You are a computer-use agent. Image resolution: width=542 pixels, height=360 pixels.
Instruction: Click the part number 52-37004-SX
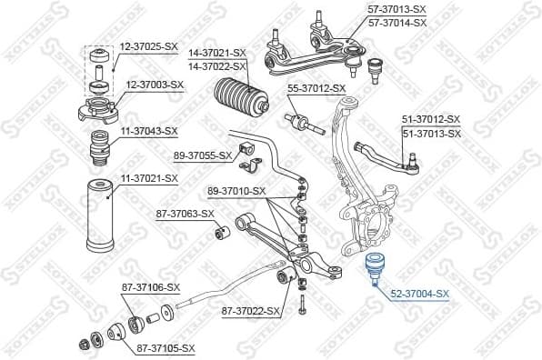(419, 294)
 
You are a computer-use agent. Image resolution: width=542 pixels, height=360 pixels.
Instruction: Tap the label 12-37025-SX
(148, 45)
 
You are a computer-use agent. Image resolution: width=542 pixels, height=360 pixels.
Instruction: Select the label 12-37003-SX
(155, 85)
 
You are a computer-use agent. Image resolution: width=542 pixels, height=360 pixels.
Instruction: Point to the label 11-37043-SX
(148, 131)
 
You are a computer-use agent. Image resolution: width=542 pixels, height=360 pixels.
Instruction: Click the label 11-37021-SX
(148, 178)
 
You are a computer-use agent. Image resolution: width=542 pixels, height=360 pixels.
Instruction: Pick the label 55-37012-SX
(316, 88)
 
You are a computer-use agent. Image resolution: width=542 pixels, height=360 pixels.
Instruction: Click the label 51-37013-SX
(432, 133)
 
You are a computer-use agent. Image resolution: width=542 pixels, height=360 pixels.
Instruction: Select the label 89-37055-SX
(203, 155)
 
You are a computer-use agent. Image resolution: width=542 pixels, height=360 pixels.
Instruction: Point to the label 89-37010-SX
(236, 191)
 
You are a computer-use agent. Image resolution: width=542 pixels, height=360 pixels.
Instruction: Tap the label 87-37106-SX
(151, 287)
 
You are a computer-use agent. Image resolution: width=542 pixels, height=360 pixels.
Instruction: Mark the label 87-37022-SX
(251, 311)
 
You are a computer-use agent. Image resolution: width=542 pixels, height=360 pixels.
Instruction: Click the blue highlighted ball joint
(373, 267)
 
